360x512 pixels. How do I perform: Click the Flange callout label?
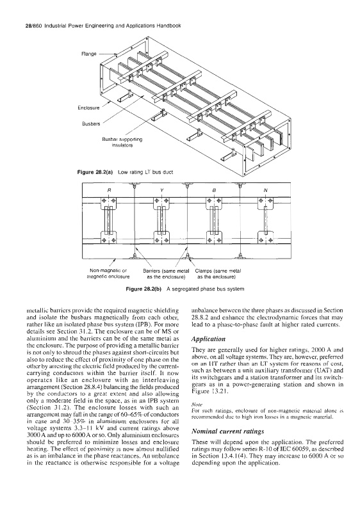pyautogui.click(x=88, y=54)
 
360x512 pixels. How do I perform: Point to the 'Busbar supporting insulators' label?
pyautogui.click(x=122, y=142)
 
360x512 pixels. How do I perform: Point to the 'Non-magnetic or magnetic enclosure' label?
pyautogui.click(x=108, y=273)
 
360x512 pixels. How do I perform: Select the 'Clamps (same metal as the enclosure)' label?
pyautogui.click(x=218, y=273)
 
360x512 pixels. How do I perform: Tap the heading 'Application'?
pyautogui.click(x=208, y=339)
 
